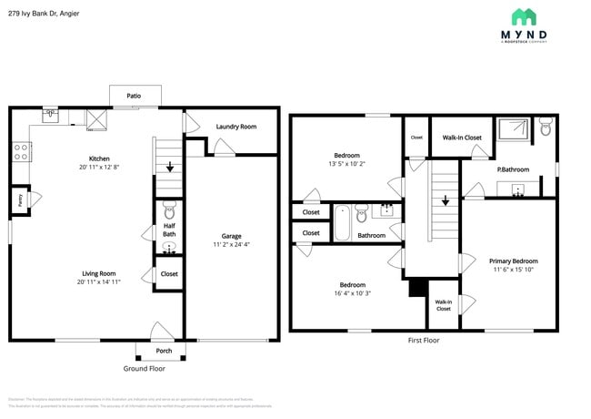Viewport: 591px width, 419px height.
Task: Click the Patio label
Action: coord(134,96)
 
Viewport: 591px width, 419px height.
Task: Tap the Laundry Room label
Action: coord(235,127)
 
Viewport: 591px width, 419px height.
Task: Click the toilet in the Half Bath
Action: coord(168,210)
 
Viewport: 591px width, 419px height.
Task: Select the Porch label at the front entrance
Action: coord(164,351)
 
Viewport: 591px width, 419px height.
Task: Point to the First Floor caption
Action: coord(424,340)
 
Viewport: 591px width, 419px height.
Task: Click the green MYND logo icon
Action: coord(523,16)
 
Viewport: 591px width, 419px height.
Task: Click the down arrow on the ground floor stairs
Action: coord(170,167)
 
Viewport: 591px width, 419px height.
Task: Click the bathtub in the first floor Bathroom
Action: coord(342,223)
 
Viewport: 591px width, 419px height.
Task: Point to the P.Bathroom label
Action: coord(513,169)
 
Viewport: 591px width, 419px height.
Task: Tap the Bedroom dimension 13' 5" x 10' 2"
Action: coord(346,164)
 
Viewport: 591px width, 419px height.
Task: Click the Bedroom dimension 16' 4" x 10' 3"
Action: coord(346,293)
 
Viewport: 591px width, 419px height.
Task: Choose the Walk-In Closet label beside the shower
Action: coord(462,138)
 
